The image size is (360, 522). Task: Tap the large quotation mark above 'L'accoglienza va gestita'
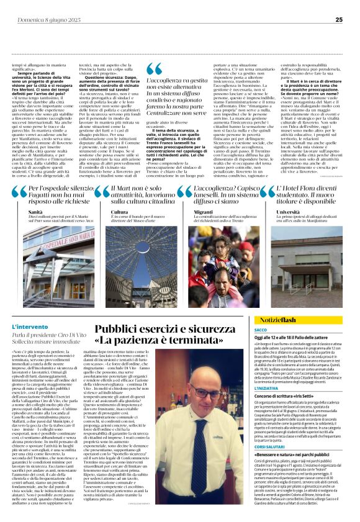[x=156, y=70]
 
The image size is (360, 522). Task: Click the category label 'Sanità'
[x=35, y=212]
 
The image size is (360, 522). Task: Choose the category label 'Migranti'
[x=202, y=212]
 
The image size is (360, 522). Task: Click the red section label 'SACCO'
[x=261, y=330]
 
